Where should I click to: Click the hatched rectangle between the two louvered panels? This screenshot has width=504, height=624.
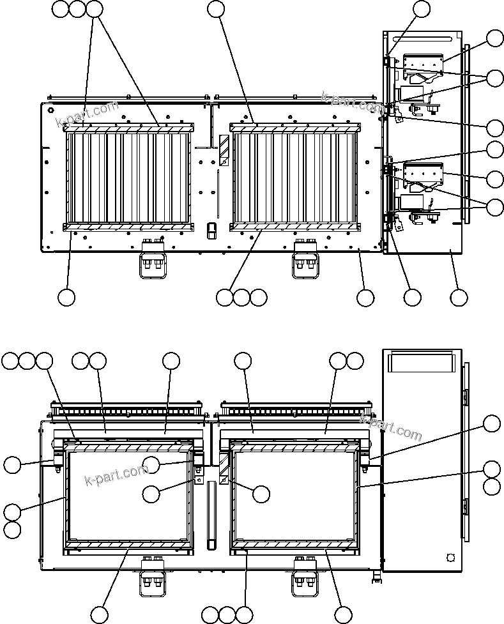pyautogui.click(x=224, y=151)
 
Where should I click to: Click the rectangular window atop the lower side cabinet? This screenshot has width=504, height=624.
pyautogui.click(x=422, y=363)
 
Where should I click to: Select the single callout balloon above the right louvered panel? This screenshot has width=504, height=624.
pyautogui.click(x=217, y=9)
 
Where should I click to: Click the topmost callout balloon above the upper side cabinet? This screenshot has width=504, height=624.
pyautogui.click(x=422, y=9)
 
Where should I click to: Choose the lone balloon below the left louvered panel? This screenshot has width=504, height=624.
pyautogui.click(x=66, y=297)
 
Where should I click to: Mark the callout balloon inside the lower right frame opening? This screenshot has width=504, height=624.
pyautogui.click(x=261, y=493)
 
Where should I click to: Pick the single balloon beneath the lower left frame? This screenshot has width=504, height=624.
pyautogui.click(x=99, y=615)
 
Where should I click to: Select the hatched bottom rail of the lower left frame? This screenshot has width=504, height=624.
pyautogui.click(x=128, y=544)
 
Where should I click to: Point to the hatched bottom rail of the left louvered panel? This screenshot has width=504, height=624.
pyautogui.click(x=128, y=227)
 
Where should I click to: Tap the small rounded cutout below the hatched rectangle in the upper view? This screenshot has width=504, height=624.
pyautogui.click(x=211, y=230)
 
